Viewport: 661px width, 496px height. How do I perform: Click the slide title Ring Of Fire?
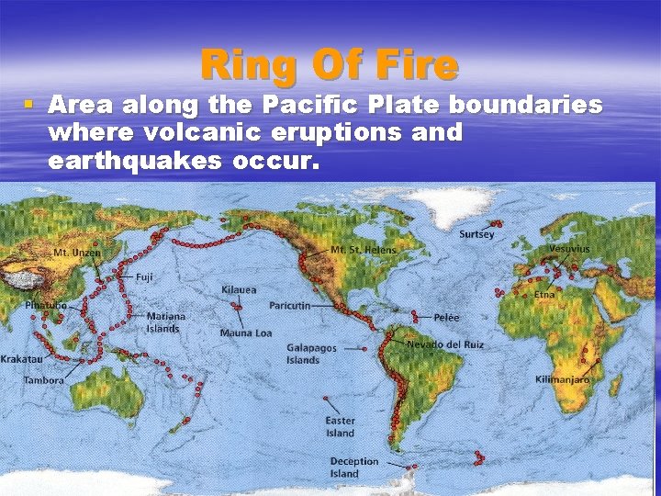click(330, 65)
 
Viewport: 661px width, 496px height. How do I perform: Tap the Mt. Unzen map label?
click(77, 253)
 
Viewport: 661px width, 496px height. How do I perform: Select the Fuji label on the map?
click(145, 276)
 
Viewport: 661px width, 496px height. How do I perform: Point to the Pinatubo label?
click(46, 304)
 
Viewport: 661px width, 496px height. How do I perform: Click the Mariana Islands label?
click(165, 322)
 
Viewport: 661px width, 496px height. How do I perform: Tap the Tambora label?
click(44, 379)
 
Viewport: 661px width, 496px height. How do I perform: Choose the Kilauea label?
click(239, 289)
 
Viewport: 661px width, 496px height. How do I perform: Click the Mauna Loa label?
click(245, 333)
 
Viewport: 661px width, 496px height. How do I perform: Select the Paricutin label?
click(290, 305)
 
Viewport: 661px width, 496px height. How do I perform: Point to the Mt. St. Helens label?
click(364, 250)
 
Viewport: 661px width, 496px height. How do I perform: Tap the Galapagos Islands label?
click(311, 354)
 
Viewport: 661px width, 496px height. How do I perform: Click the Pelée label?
click(445, 317)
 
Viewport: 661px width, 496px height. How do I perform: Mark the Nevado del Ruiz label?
click(444, 344)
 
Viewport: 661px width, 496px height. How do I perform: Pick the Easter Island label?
click(340, 427)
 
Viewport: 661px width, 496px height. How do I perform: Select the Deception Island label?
click(353, 468)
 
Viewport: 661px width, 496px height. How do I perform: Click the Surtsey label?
click(476, 234)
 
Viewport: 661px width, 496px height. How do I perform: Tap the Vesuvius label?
click(569, 249)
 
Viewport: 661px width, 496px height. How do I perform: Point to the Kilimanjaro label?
click(562, 379)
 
